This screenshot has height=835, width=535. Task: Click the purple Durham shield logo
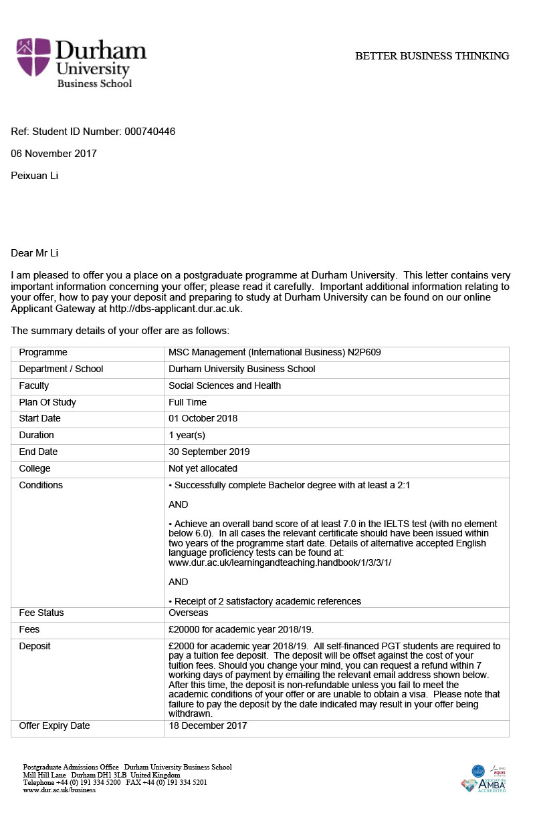tap(33, 57)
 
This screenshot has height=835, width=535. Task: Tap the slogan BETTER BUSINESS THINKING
tap(432, 56)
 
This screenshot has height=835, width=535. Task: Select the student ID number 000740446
tap(150, 132)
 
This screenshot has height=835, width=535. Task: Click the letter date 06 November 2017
tap(54, 154)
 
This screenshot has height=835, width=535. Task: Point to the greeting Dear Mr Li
tap(39, 253)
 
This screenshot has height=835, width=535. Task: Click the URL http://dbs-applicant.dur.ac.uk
tap(175, 309)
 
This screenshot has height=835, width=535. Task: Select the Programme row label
tap(43, 353)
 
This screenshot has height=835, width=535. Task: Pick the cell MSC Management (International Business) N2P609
tap(274, 353)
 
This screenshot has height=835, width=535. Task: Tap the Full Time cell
tap(187, 402)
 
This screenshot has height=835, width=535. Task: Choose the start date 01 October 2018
tap(203, 419)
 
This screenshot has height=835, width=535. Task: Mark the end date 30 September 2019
tap(209, 452)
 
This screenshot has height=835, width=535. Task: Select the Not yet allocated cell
tap(203, 468)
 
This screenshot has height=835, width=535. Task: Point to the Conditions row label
tap(41, 485)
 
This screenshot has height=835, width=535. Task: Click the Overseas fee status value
tap(188, 613)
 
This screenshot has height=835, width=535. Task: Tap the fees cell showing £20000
tap(241, 629)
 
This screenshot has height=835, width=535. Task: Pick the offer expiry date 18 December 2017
tap(207, 725)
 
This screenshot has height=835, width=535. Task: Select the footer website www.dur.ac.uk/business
tap(60, 790)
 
